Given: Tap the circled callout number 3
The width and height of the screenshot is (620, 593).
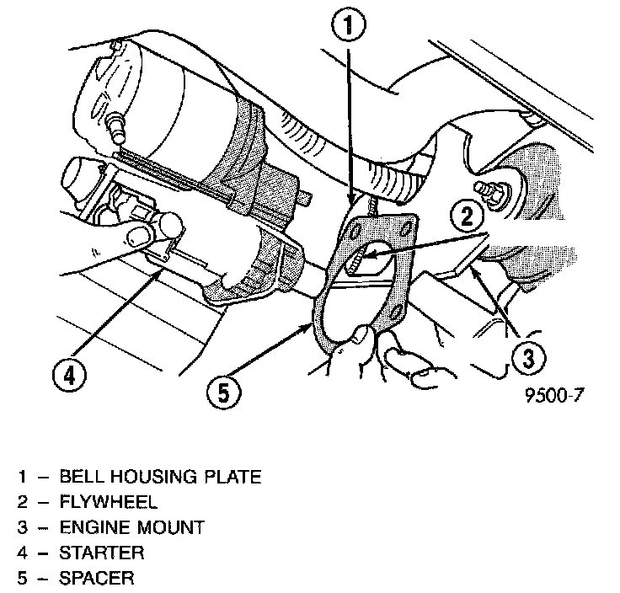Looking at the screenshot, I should [x=525, y=360].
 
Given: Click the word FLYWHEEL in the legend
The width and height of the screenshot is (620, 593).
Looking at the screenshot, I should [x=108, y=502].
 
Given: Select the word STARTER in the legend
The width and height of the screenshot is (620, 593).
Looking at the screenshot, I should [x=102, y=553].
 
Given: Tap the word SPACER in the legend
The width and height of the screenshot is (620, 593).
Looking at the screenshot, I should [x=97, y=578].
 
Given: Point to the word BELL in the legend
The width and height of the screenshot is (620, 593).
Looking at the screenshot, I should [x=79, y=477].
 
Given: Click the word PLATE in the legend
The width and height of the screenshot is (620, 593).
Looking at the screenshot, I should [x=231, y=477].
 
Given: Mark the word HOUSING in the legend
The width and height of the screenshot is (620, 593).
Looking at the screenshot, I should [x=149, y=477].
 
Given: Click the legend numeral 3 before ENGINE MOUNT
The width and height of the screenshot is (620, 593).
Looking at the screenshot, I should [x=23, y=527].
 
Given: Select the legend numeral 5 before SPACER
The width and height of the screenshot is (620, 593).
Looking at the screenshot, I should [x=23, y=578].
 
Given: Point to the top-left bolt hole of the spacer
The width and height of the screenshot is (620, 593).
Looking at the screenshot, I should [x=359, y=224].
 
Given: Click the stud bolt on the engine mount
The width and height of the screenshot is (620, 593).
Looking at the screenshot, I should [x=487, y=189].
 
